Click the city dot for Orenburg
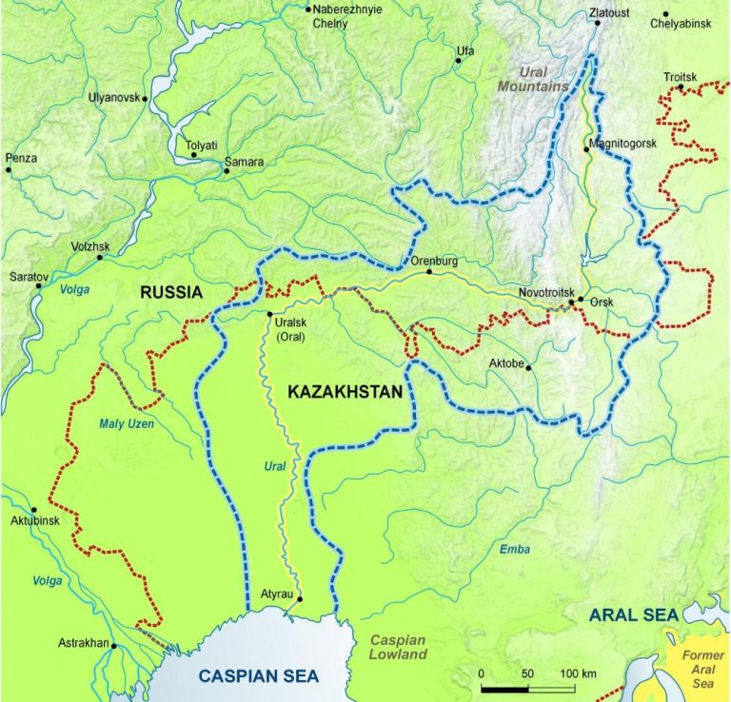(429, 272)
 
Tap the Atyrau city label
(278, 595)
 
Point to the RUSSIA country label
(171, 293)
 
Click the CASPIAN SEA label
(258, 676)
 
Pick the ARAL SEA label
(633, 615)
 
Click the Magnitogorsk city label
(622, 144)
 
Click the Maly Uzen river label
(124, 423)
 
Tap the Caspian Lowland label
(398, 647)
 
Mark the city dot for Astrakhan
(113, 646)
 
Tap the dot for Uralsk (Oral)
(270, 315)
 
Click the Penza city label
(21, 158)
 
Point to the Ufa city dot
(458, 61)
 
